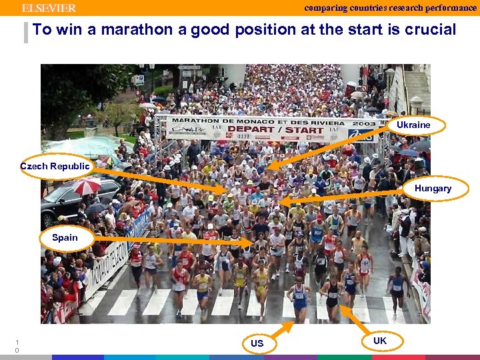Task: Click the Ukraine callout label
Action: [413, 125]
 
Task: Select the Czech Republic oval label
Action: [55, 166]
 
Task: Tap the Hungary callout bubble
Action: [433, 189]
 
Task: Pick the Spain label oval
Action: [65, 238]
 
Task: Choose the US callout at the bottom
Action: [257, 343]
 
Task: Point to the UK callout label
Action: [379, 341]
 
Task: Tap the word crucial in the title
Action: [429, 30]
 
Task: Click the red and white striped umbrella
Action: [87, 185]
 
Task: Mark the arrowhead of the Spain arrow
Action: [252, 243]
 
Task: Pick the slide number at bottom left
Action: [17, 346]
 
